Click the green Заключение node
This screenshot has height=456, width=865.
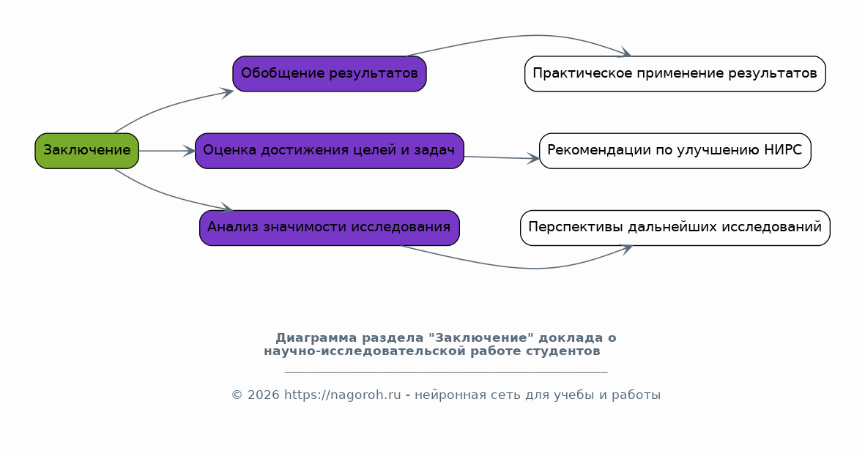[86, 151]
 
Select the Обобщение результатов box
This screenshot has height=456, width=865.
[330, 73]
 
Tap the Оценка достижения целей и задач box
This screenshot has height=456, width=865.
[330, 151]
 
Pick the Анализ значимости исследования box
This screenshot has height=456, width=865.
[330, 228]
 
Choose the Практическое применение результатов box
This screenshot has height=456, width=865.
[675, 73]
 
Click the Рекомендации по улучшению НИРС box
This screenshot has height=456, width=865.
[675, 151]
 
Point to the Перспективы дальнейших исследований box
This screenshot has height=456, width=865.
[675, 228]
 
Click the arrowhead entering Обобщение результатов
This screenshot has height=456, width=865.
[227, 92]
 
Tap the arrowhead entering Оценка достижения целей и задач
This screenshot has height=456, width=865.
[189, 151]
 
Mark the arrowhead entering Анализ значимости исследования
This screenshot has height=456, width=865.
[227, 208]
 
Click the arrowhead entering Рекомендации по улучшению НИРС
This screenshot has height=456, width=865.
[533, 159]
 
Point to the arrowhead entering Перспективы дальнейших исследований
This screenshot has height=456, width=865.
[626, 250]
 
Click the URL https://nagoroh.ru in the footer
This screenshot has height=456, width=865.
[343, 395]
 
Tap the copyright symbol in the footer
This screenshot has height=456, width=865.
[237, 395]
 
